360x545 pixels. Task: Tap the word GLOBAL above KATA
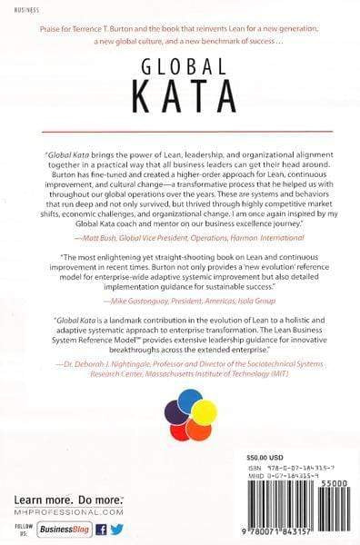coord(179,64)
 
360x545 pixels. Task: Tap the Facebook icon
coord(101,529)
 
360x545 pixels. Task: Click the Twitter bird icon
coord(116,529)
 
